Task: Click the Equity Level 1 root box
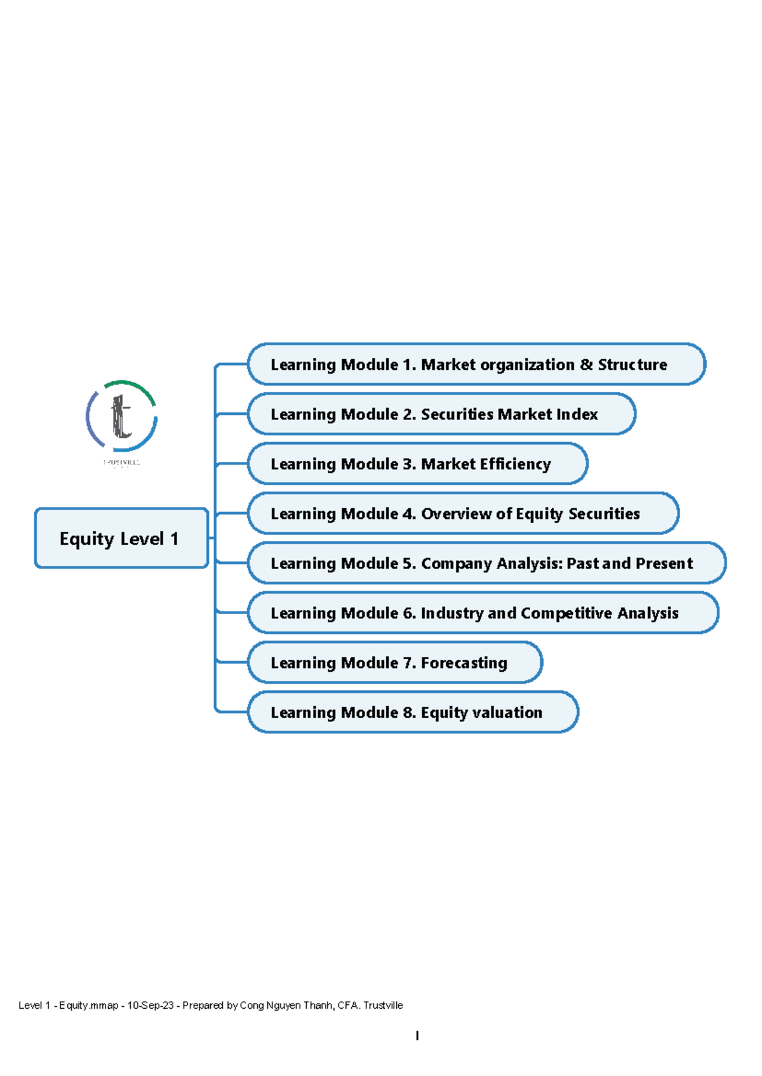coord(121,538)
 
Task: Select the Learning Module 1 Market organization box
coord(476,364)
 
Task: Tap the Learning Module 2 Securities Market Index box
coord(441,414)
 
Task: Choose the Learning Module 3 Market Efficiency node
coord(417,464)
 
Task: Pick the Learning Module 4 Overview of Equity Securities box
coord(463,513)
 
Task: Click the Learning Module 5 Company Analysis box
coord(486,563)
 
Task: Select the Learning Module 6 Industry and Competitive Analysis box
coord(483,613)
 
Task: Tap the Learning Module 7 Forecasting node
coord(394,662)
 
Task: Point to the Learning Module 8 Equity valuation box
coord(413,712)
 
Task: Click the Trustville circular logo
coord(121,416)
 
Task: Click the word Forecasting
coord(464,663)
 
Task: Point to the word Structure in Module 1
coord(632,365)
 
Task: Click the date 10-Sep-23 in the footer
coord(150,1005)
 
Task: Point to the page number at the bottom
coord(417,1035)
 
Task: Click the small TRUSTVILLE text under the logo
coord(121,463)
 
